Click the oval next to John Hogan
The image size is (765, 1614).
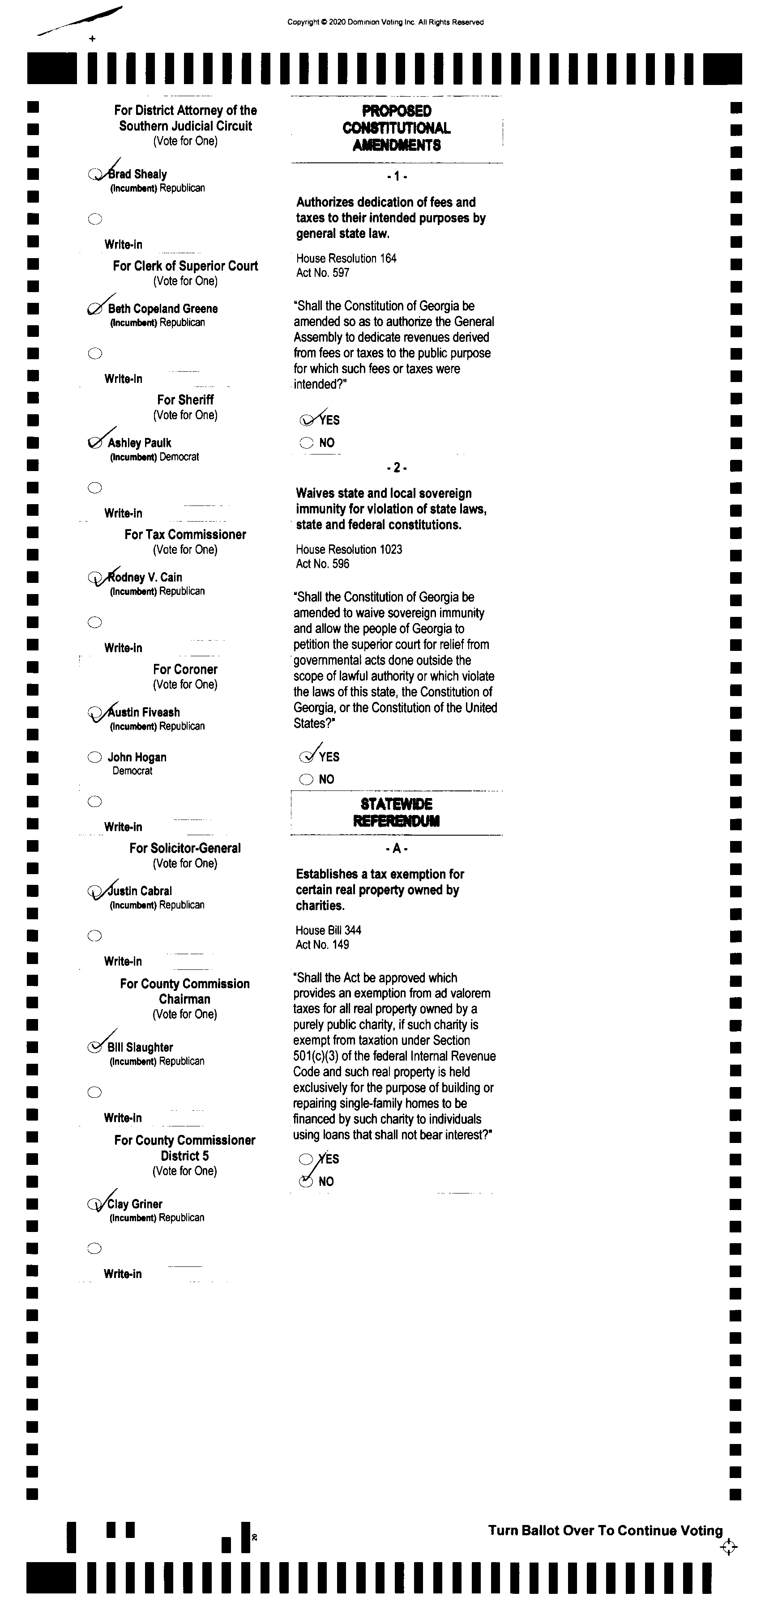[x=95, y=757]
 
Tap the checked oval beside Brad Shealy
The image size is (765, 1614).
[x=95, y=174]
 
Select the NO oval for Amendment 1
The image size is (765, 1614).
[x=306, y=443]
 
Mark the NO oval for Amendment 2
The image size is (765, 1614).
[x=306, y=779]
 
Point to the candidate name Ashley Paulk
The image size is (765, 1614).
[x=139, y=443]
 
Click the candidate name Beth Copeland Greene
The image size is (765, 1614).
[x=162, y=308]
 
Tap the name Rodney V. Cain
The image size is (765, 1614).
[x=145, y=577]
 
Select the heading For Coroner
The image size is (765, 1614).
[x=185, y=669]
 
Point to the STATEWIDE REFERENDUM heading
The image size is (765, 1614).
[x=396, y=812]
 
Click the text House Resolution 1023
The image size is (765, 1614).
[x=349, y=549]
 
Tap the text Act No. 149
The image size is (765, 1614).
[x=322, y=945]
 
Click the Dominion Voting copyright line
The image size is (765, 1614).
[x=385, y=22]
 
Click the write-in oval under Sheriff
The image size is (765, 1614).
[x=95, y=488]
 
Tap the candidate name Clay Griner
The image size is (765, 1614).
[x=134, y=1204]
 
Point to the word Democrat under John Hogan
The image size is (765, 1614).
[x=132, y=771]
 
